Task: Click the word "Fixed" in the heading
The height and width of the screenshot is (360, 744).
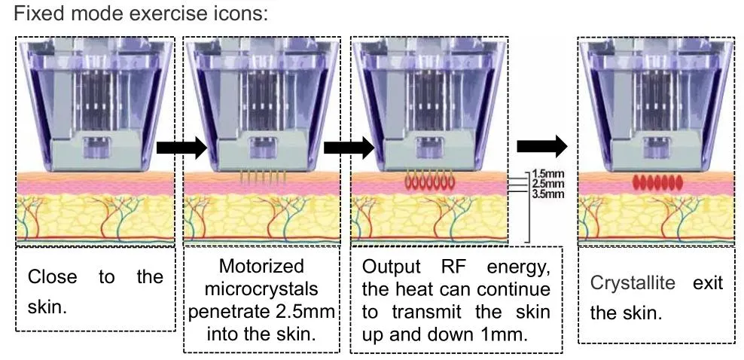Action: (x=24, y=14)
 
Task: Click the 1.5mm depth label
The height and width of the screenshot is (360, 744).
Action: (x=547, y=175)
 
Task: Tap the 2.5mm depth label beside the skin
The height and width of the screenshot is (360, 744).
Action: (x=547, y=184)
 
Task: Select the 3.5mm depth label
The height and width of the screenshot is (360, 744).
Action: (x=547, y=193)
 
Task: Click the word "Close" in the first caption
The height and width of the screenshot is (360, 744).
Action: (x=52, y=277)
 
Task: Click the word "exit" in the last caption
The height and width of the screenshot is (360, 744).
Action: (x=708, y=283)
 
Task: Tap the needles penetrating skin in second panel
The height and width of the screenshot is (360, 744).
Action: (x=263, y=178)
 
